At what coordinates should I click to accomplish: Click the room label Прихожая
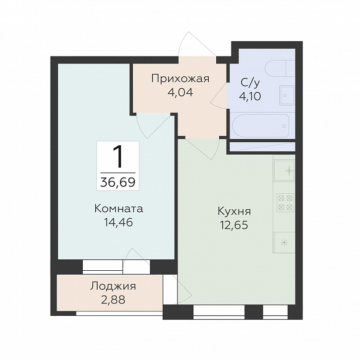point(180,78)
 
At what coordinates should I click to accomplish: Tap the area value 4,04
point(180,92)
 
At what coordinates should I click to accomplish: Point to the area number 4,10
point(250,96)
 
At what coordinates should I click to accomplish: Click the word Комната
point(119,209)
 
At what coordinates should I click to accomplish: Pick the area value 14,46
point(119,222)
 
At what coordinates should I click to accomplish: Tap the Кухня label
point(234,211)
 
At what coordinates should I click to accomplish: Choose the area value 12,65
point(234,225)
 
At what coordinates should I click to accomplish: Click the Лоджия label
point(113,286)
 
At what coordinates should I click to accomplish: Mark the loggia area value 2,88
point(113,300)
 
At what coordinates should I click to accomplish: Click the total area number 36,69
point(118,182)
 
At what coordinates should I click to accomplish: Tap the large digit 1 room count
point(118,157)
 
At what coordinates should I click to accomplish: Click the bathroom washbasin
point(287,95)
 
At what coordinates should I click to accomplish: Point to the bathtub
point(261,125)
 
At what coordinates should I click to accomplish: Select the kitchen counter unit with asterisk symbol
point(284,242)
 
